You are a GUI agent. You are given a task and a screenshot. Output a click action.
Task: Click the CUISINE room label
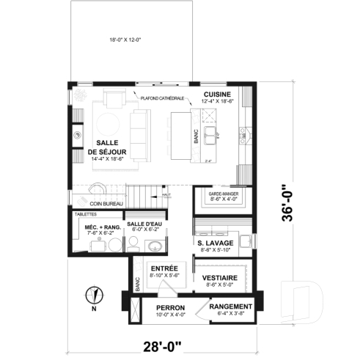point(218,95)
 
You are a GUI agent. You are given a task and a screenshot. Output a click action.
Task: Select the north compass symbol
point(92,295)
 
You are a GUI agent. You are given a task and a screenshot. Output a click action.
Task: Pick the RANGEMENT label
point(231,306)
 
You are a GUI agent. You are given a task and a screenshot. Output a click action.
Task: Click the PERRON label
point(170,307)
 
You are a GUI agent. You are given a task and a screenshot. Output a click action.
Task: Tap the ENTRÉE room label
point(165,269)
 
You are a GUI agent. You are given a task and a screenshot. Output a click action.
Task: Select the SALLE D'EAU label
point(144,224)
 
